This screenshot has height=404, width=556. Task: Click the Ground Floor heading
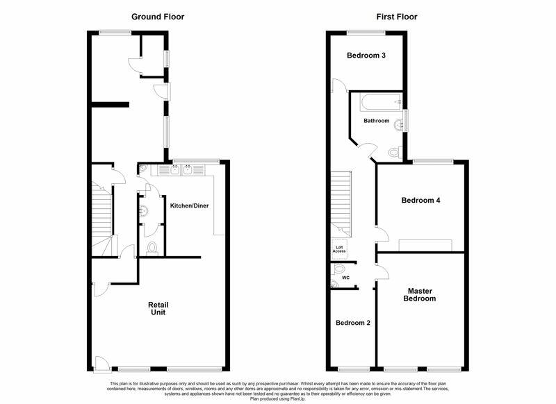[158, 17]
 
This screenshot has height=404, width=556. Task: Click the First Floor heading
[397, 17]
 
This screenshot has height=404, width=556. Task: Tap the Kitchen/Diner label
[189, 205]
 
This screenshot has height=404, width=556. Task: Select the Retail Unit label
[158, 308]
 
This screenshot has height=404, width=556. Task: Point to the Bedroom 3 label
[366, 56]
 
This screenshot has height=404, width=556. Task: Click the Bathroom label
[376, 121]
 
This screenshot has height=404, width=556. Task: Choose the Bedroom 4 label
[421, 201]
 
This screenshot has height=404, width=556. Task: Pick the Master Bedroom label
[420, 294]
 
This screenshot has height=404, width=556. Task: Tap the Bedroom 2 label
[353, 323]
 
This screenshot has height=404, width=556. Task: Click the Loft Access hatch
[339, 249]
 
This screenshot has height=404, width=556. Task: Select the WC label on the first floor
[345, 278]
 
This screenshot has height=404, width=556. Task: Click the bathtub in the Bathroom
[381, 101]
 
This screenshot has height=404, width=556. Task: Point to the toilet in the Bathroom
[395, 153]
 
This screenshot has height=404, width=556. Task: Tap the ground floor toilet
[152, 249]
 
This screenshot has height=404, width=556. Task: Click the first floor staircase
[341, 204]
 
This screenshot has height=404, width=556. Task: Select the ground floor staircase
[102, 219]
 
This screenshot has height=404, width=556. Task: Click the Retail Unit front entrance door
[101, 364]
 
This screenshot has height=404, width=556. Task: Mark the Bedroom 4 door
[382, 234]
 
